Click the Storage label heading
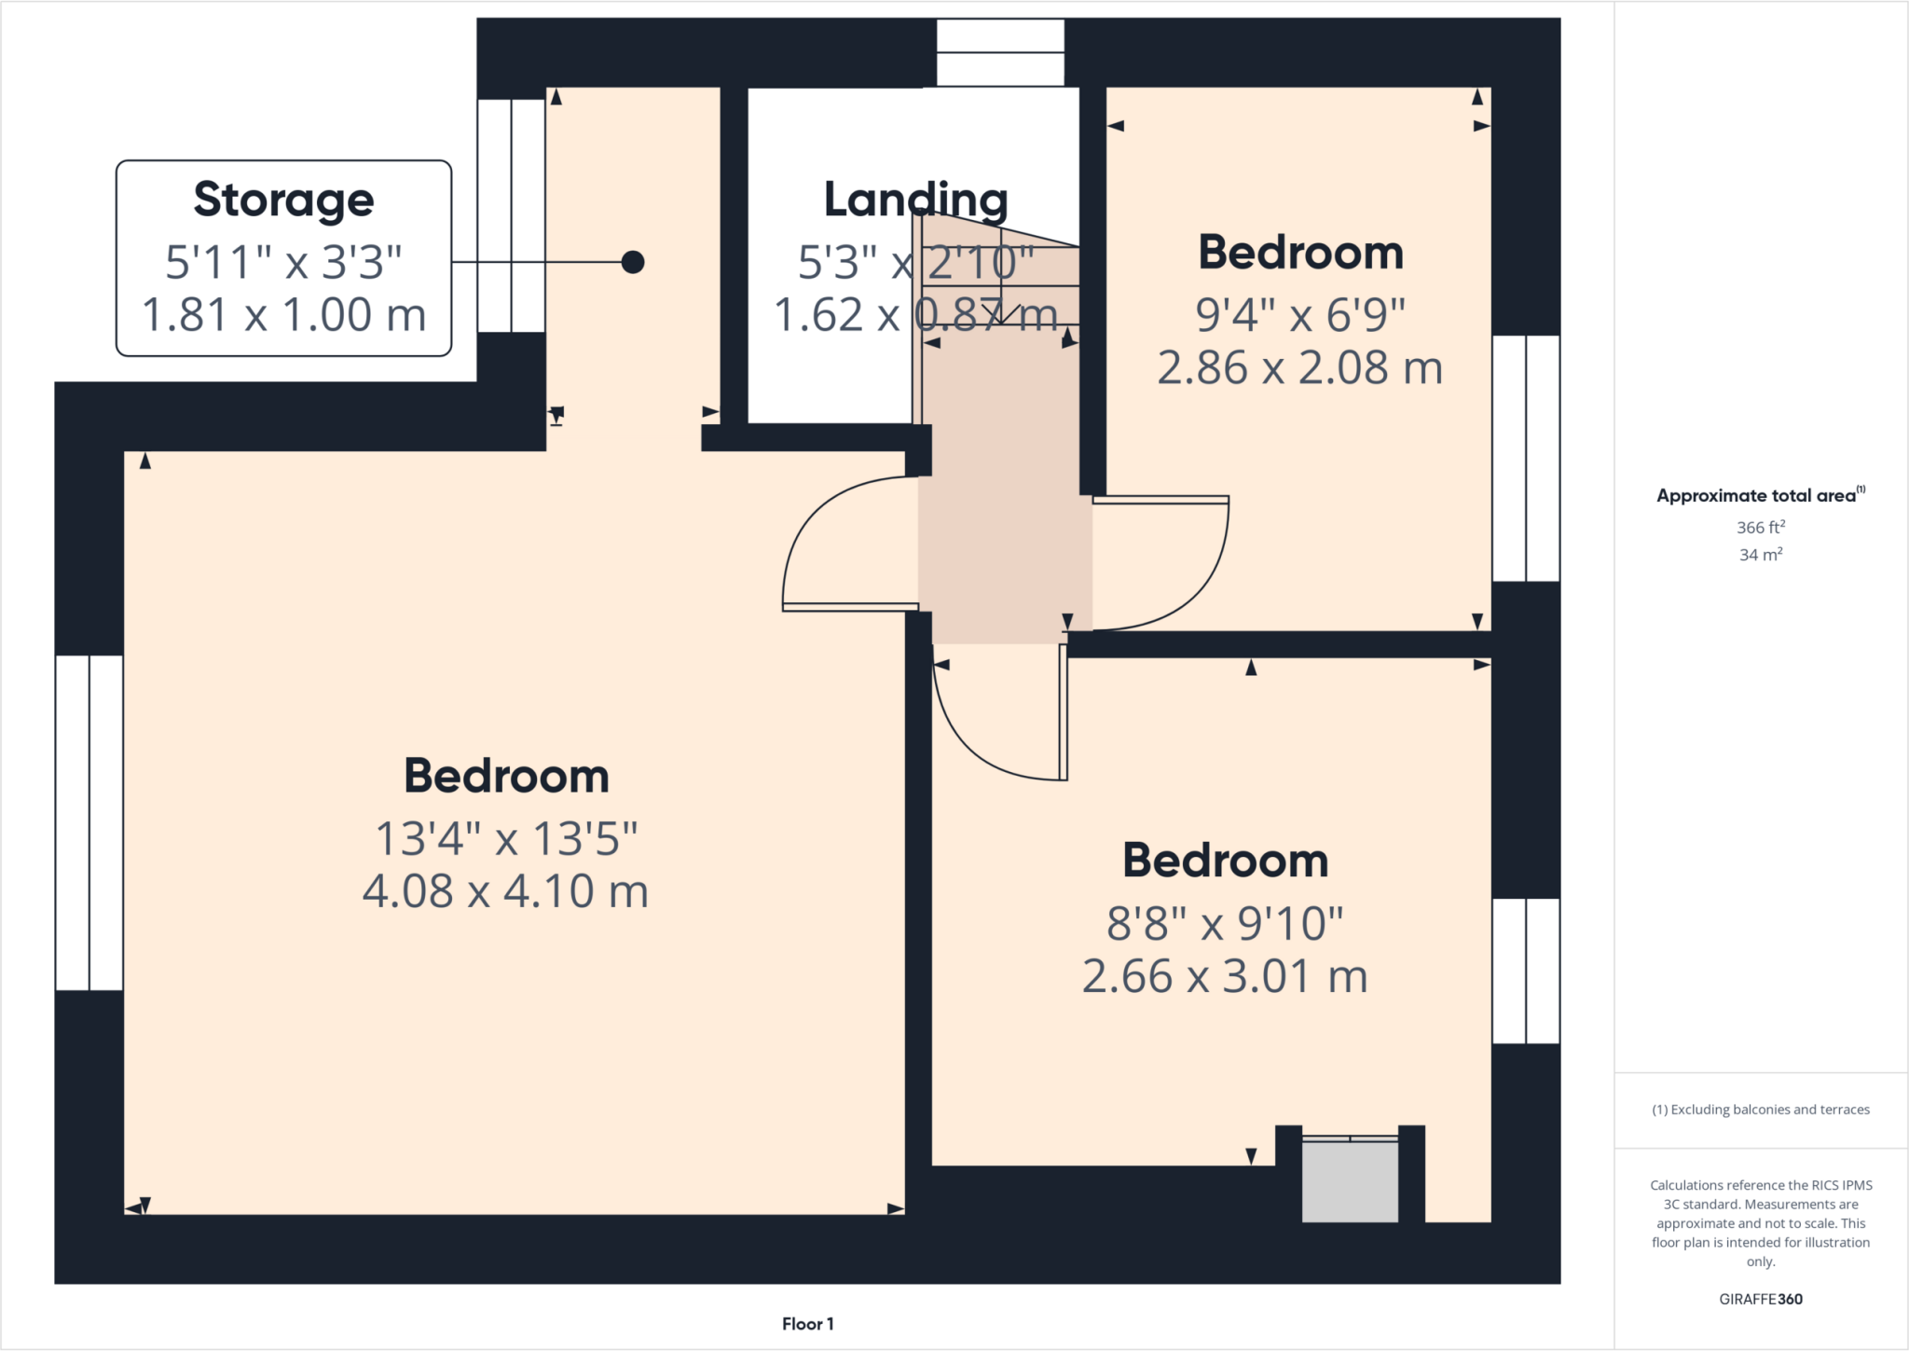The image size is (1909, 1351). (283, 200)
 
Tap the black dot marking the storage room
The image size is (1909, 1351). (633, 262)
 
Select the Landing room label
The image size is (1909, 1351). (915, 200)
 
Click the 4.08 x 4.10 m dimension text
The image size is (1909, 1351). (505, 891)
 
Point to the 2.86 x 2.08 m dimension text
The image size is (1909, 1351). (1300, 367)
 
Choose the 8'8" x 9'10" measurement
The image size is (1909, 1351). (1225, 924)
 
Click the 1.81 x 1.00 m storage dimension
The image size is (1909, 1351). (283, 315)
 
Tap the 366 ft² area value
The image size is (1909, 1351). (1760, 528)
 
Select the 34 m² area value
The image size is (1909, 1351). (1760, 555)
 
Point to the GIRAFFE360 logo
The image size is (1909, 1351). (1760, 1299)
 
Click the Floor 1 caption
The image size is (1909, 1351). (807, 1324)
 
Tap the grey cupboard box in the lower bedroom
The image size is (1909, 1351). (1350, 1180)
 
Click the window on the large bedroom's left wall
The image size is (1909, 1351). (89, 822)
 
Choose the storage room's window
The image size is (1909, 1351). (511, 215)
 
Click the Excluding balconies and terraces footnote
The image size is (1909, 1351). (1760, 1110)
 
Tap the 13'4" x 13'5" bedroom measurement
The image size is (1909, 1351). (505, 839)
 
